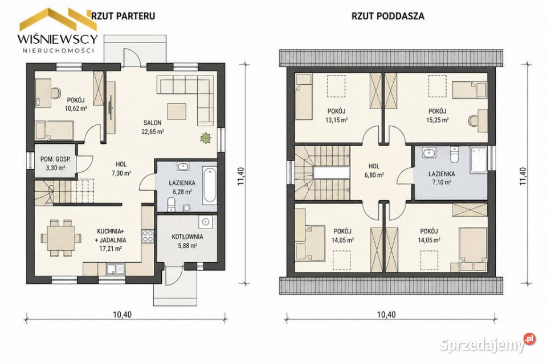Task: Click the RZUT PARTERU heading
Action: click(x=123, y=16)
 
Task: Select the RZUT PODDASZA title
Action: click(x=388, y=16)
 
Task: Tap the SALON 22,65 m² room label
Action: click(x=153, y=127)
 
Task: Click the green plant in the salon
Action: click(x=206, y=138)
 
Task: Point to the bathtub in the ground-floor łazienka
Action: click(x=210, y=185)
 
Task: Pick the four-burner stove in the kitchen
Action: click(x=148, y=236)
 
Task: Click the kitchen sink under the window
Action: click(x=116, y=269)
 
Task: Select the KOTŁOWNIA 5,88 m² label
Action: click(x=187, y=241)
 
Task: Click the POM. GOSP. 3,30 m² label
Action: click(x=55, y=163)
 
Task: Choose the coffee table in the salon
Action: click(x=177, y=111)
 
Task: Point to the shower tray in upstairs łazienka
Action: click(x=478, y=160)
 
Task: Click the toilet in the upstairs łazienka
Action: click(x=454, y=155)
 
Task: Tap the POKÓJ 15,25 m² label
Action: click(x=438, y=115)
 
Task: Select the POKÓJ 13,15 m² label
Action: click(x=336, y=115)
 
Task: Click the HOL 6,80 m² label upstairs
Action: click(x=374, y=171)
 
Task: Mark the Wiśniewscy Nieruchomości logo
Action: click(x=58, y=31)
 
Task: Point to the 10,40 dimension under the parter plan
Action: click(x=123, y=315)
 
